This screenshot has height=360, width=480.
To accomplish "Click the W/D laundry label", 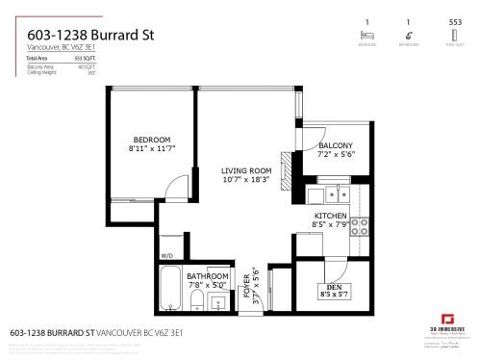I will coord(166,255).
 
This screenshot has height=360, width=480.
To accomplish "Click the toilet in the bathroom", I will coord(195,306).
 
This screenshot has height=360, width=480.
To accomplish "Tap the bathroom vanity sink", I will coord(218,305).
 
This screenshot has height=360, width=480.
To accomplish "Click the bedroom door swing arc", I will coord(169,193).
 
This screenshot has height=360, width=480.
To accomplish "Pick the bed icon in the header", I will coord(366,35).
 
